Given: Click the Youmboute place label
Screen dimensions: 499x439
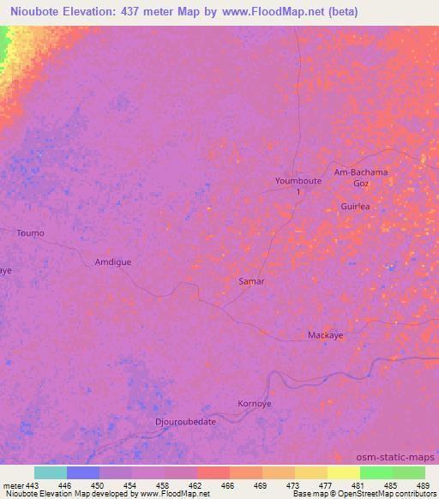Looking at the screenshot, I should coord(298,182).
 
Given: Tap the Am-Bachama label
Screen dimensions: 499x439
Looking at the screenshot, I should coord(361,172).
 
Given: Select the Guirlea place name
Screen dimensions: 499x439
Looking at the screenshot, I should coord(355,207).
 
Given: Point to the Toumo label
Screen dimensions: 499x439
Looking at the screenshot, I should coord(30,233).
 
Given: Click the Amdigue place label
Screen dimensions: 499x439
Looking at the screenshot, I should coord(113,262).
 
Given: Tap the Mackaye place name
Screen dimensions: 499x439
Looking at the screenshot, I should coord(326,335).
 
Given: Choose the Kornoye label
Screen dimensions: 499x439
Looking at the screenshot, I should coord(254,403).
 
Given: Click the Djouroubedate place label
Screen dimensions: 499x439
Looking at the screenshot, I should coord(185,422).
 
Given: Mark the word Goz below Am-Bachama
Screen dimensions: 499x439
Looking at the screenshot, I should coord(362,183).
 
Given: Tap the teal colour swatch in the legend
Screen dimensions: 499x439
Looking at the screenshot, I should coord(51,472).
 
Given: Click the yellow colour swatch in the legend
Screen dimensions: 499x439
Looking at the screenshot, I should coord(344,472).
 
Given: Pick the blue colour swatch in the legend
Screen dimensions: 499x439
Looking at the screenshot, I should coord(83,472).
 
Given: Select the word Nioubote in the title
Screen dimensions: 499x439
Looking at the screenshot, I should coord(35,12).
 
